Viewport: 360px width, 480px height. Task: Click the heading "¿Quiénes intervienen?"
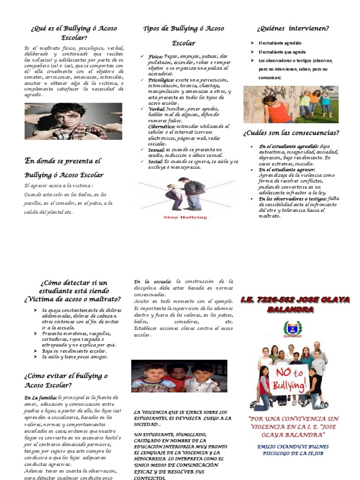click(x=292, y=29)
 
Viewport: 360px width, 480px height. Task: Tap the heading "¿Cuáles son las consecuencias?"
click(x=291, y=133)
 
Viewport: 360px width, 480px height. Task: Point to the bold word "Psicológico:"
click(x=161, y=80)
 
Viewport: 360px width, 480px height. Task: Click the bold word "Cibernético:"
click(x=162, y=127)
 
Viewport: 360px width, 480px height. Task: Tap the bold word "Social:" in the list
click(x=156, y=161)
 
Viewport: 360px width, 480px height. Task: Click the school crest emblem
click(x=292, y=329)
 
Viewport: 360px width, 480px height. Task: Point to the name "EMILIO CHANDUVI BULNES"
click(x=293, y=447)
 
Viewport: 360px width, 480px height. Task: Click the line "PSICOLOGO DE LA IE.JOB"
click(x=293, y=454)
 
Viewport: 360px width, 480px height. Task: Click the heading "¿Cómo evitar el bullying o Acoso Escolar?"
click(x=66, y=381)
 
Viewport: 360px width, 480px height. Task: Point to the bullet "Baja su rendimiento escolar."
click(x=75, y=351)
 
